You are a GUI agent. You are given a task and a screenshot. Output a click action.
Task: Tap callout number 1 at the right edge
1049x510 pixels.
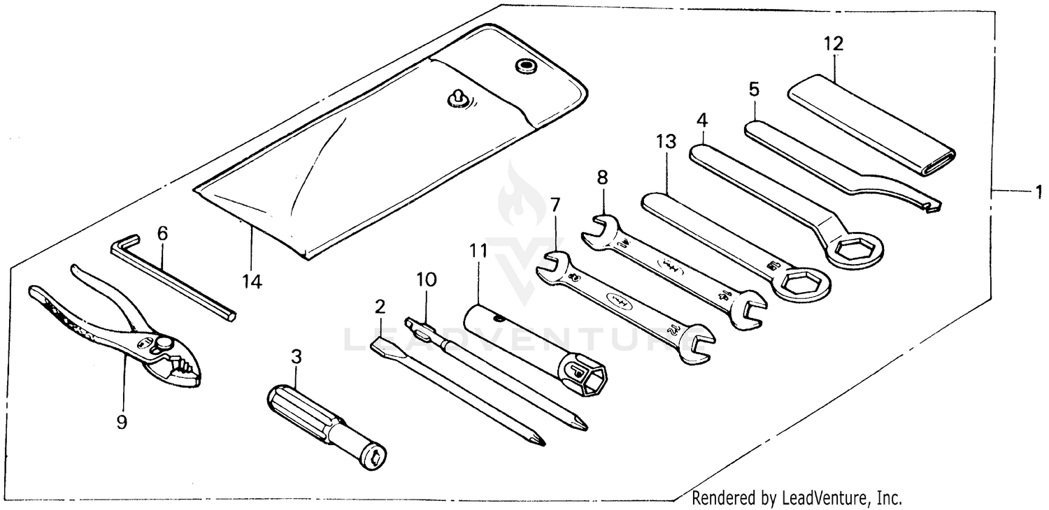pyautogui.click(x=1039, y=190)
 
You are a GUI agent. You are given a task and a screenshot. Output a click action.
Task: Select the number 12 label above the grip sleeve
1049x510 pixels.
pyautogui.click(x=833, y=43)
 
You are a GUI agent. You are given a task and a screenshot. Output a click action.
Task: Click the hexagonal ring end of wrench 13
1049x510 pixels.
pyautogui.click(x=801, y=283)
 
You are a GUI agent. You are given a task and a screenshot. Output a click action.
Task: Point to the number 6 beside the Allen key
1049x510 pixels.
pyautogui.click(x=162, y=233)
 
